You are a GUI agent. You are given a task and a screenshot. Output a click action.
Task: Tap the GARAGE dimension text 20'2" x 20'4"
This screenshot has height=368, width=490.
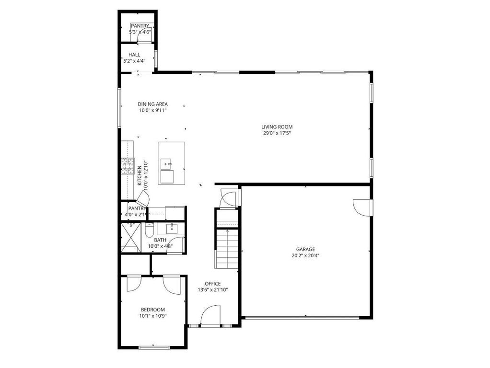pos(305,256)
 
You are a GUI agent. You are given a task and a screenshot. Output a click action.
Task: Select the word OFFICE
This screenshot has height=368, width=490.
pos(212,284)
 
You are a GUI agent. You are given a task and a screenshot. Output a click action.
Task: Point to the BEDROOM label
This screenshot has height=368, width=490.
pos(152,310)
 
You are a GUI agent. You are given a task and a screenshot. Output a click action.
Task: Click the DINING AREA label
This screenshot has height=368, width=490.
pos(152,104)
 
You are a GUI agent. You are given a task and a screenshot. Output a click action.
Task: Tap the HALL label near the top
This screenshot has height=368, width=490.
pos(134,55)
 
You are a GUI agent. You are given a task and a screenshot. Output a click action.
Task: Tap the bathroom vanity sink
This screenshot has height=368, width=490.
pos(172,229)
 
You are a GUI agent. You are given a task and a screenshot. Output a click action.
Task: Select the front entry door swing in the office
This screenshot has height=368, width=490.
pos(210,316)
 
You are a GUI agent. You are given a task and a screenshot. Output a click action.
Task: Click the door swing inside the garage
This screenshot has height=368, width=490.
pos(362,207)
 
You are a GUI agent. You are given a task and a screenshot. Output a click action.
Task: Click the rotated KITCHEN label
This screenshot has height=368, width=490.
pos(140,175)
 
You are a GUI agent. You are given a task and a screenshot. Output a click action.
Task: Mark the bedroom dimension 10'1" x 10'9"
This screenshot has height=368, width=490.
pos(152,316)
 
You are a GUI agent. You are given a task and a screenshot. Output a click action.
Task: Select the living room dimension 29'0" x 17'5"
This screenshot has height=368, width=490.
pos(277,134)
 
